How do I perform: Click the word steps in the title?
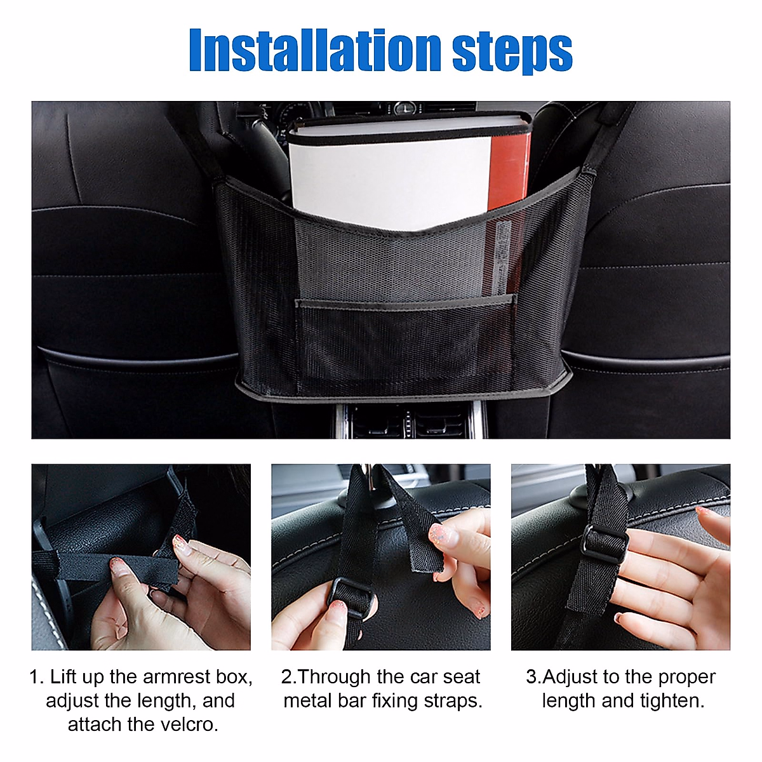(512, 53)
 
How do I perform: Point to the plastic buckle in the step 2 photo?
(351, 597)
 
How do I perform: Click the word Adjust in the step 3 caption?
(570, 678)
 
